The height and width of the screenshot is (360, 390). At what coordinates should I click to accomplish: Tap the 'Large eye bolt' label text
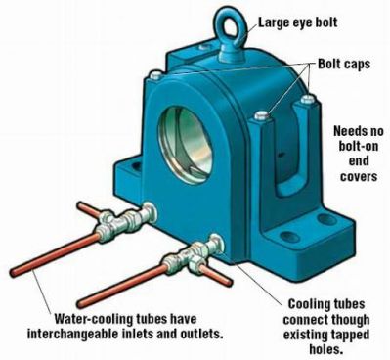tap(298, 22)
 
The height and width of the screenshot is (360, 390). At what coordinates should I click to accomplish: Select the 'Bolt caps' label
tap(344, 64)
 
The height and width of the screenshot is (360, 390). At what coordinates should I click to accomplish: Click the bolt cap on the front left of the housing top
tap(154, 75)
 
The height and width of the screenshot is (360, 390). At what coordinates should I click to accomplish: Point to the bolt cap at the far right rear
tap(307, 99)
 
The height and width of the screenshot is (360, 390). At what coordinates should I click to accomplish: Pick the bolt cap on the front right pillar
tap(262, 115)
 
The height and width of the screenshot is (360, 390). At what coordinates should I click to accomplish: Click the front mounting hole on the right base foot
tap(289, 237)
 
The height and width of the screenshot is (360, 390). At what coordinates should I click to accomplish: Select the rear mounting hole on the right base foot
tap(326, 219)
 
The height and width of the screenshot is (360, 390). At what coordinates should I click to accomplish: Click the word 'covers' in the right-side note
tap(359, 176)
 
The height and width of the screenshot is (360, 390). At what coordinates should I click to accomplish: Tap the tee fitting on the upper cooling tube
tap(109, 226)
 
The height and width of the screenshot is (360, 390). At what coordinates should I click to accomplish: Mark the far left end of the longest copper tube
tap(13, 273)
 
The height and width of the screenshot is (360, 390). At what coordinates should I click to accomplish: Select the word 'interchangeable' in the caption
tap(70, 335)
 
